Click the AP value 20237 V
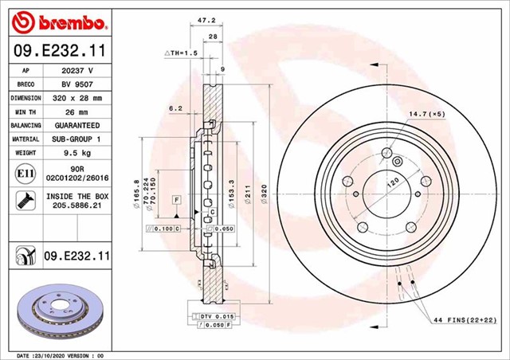77,70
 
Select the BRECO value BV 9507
77,84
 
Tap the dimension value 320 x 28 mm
77,98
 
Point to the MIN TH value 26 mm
77,112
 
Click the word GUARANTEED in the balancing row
77,126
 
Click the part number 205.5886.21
77,206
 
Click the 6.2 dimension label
175,108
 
